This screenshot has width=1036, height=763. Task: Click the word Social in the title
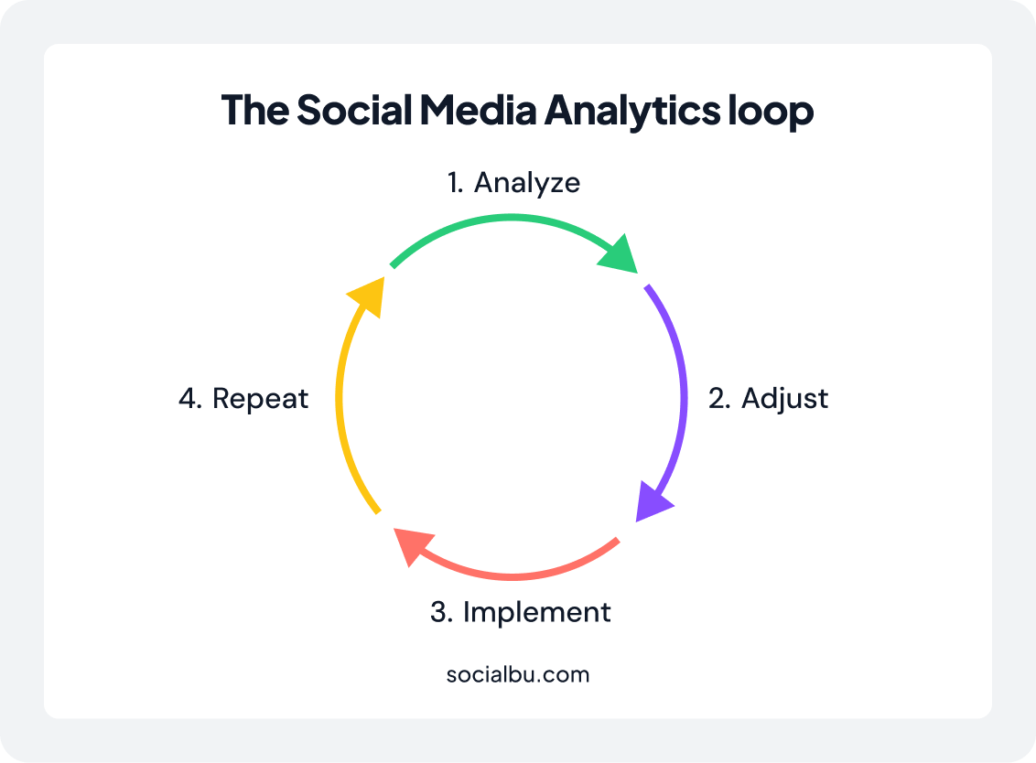[x=355, y=110]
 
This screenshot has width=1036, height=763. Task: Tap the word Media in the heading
[x=478, y=110]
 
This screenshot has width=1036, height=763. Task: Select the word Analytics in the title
[x=631, y=111]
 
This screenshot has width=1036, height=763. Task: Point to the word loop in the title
[x=771, y=111]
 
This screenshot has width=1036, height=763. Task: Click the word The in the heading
[x=255, y=110]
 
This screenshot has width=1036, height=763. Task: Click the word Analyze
[x=527, y=183]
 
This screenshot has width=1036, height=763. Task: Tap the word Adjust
[x=785, y=398]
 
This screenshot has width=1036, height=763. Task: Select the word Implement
[x=536, y=612]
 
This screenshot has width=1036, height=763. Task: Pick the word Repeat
[x=260, y=398]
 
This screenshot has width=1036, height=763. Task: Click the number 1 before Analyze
[x=455, y=183]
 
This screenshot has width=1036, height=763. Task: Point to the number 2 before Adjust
[x=718, y=398]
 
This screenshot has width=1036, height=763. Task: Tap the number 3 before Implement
[x=441, y=612]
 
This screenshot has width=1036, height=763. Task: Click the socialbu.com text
[x=518, y=674]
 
